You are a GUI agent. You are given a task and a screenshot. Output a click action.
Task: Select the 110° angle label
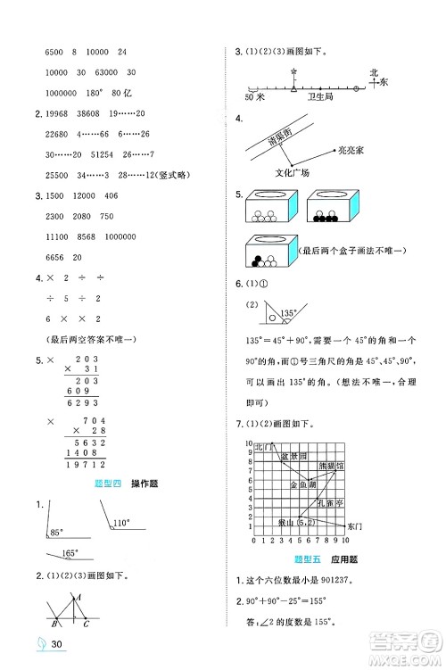coord(120,525)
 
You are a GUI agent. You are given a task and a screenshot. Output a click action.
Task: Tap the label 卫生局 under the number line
coord(318,97)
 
